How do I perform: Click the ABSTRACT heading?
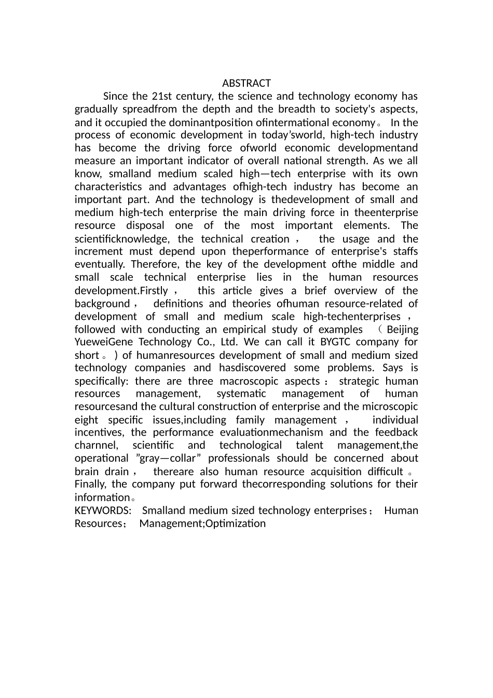246,83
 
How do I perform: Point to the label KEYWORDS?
103,511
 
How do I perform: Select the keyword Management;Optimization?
202,523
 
